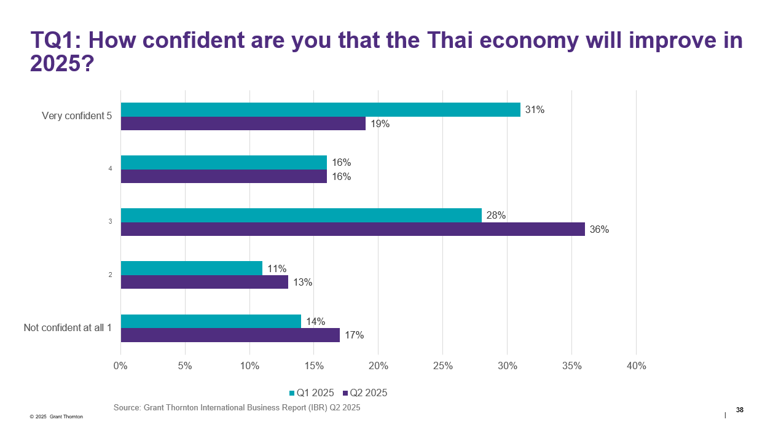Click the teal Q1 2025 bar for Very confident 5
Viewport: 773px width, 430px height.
point(320,110)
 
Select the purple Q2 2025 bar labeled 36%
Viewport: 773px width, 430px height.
point(353,229)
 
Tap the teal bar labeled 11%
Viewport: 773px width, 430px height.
point(191,268)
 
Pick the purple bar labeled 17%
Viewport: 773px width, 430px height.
point(230,335)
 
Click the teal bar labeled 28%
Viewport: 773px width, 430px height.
point(301,216)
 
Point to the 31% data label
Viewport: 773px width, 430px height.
point(535,110)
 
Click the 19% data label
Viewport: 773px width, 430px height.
point(380,123)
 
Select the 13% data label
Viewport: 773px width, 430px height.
point(302,283)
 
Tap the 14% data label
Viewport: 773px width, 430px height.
point(315,321)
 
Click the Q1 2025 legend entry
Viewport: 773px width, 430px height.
point(312,393)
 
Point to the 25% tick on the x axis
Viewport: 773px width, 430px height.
point(442,366)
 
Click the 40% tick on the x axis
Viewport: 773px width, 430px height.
point(636,366)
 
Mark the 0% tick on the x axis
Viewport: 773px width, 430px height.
point(120,366)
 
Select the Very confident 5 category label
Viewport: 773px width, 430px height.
point(76,116)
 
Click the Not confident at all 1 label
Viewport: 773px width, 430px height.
point(68,328)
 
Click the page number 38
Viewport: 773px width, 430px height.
point(739,410)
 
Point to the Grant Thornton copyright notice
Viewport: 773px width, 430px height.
point(56,416)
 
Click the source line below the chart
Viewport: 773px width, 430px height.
point(237,407)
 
